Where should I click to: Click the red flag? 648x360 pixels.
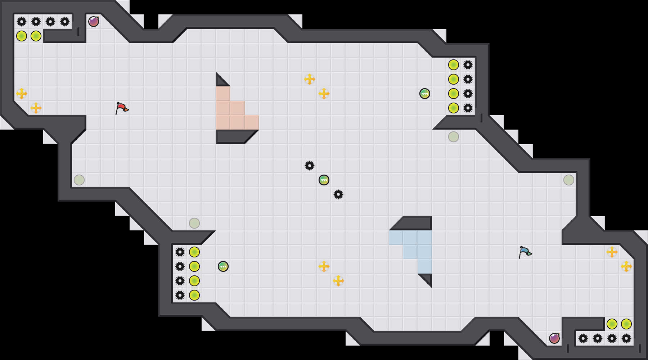coord(122,108)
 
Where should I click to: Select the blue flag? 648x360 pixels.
coord(525,252)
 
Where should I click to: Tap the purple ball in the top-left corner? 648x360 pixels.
coord(94,22)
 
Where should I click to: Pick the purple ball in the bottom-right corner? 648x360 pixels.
coord(554,338)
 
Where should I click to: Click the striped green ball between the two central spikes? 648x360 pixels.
coord(324,180)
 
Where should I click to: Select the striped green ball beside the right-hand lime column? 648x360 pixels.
coord(425,94)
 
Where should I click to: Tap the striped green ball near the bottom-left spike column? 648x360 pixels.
coord(223,266)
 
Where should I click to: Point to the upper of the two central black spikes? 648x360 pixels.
coord(310,166)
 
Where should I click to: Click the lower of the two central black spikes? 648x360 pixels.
coord(338,194)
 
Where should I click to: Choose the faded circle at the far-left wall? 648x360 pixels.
coord(79,180)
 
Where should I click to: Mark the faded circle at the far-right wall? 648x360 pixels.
coord(569,180)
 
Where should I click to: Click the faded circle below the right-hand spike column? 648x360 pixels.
coord(454,137)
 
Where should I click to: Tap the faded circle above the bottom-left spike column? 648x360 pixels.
coord(194,223)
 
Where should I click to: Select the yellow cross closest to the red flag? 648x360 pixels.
coord(36,108)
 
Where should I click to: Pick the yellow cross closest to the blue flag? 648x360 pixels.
coord(612,252)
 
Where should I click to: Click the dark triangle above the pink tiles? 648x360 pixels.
coord(220,81)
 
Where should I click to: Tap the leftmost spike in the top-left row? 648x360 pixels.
coord(22,22)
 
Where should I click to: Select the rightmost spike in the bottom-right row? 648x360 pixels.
coord(626,338)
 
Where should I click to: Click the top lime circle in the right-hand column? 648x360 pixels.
coord(454,65)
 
